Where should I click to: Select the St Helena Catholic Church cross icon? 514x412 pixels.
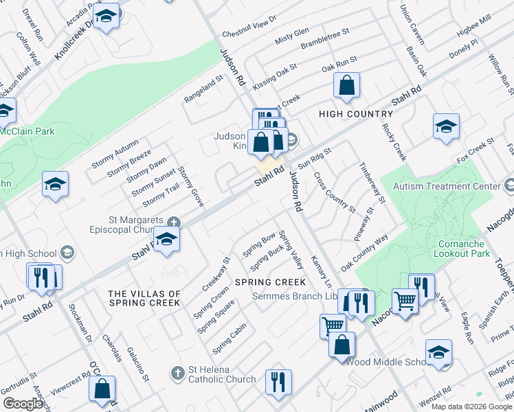tap(177, 373)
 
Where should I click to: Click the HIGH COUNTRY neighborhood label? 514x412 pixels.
tap(355, 114)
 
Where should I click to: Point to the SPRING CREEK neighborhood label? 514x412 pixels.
tap(269, 282)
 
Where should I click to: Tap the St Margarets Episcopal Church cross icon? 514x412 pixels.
tap(175, 222)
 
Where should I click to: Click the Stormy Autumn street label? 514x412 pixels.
tap(115, 155)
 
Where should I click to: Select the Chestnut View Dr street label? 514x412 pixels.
tap(249, 27)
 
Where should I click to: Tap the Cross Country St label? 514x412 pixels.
tap(334, 192)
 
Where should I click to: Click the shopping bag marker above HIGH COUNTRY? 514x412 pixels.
tap(347, 87)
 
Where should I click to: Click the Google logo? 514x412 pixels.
tap(23, 404)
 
